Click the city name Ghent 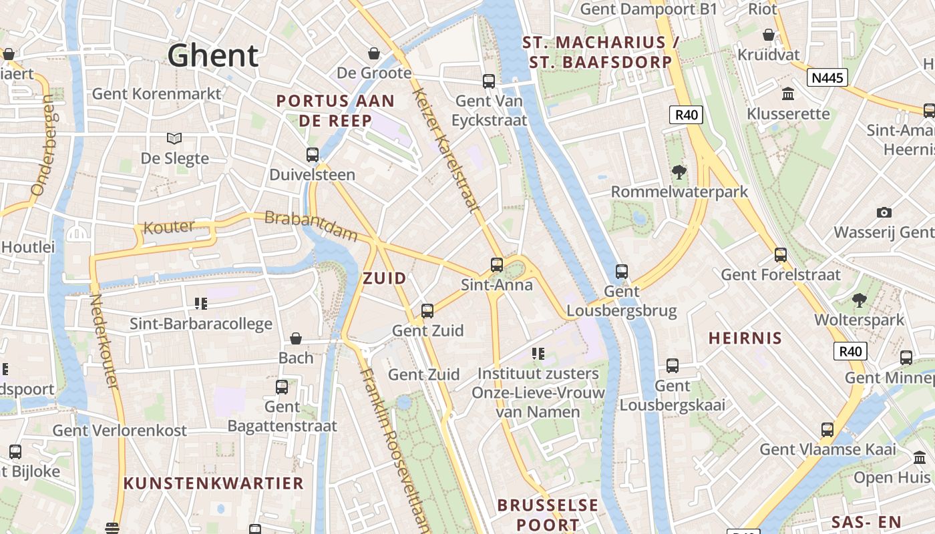pyautogui.click(x=212, y=56)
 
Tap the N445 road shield pyautogui.click(x=827, y=78)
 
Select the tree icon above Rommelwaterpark pyautogui.click(x=679, y=172)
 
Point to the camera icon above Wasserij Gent pyautogui.click(x=884, y=212)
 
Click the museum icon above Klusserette pyautogui.click(x=788, y=93)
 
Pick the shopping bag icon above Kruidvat pyautogui.click(x=769, y=35)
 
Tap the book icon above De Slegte pyautogui.click(x=174, y=138)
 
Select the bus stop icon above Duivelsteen pyautogui.click(x=312, y=155)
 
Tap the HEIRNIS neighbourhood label pyautogui.click(x=745, y=338)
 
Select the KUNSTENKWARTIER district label pyautogui.click(x=214, y=483)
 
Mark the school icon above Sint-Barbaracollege pyautogui.click(x=201, y=304)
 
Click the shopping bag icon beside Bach pyautogui.click(x=295, y=339)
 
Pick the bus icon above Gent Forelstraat pyautogui.click(x=780, y=254)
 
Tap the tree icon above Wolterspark pyautogui.click(x=859, y=300)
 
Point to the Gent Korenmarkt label pyautogui.click(x=156, y=93)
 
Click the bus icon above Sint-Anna pyautogui.click(x=497, y=265)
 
